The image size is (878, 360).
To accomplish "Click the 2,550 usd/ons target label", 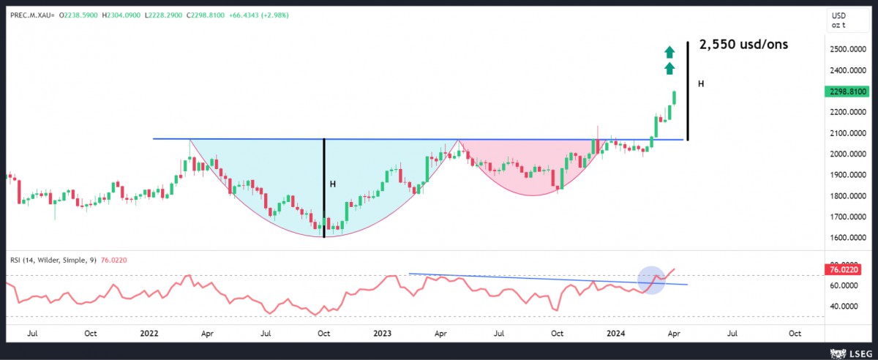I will (743, 45).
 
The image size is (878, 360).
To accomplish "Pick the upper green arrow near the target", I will (669, 51).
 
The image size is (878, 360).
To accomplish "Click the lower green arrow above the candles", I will (669, 69).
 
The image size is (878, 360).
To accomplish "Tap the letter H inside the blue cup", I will (333, 184).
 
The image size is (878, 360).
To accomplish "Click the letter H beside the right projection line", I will (701, 84).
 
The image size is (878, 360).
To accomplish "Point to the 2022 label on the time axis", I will (149, 333).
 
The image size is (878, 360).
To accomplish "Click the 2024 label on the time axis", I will (613, 333).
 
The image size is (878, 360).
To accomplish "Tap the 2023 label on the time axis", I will (381, 333).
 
